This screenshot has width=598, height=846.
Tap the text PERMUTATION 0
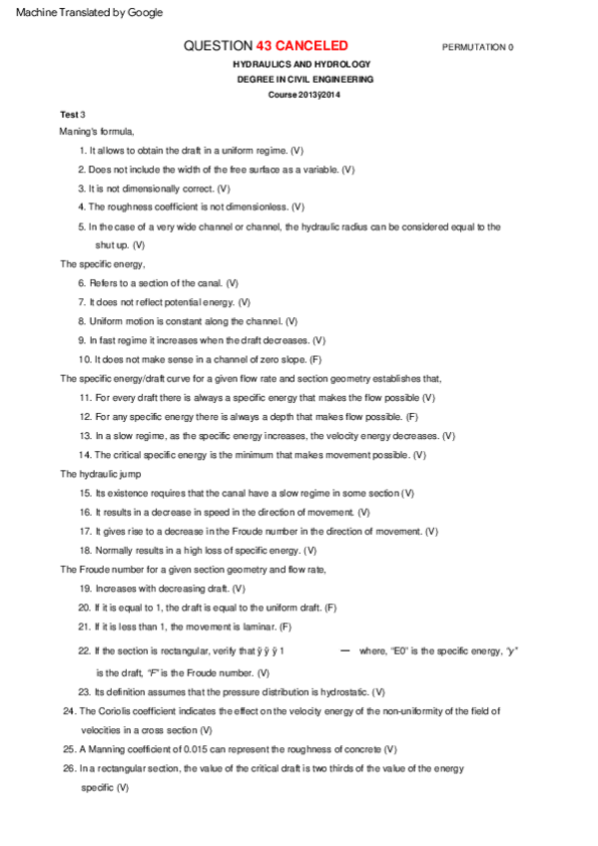coord(477,47)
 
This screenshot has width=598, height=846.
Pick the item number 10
coord(84,359)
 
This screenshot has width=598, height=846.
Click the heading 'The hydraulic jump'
coord(102,474)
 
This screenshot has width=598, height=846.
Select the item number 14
coord(84,455)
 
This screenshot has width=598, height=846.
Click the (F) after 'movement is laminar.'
coord(286,627)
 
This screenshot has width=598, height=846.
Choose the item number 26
coord(69,768)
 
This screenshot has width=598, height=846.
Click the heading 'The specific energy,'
coord(103,264)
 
